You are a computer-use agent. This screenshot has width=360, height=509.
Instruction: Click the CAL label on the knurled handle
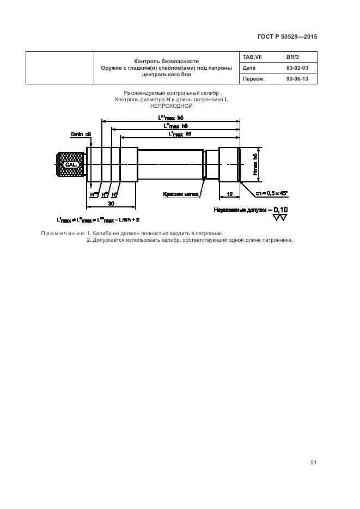pos(71,164)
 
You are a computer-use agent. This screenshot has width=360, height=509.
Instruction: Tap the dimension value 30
pos(111,203)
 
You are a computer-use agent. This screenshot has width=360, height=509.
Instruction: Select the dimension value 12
pos(229,194)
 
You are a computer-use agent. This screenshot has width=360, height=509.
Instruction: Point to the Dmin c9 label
pos(81,133)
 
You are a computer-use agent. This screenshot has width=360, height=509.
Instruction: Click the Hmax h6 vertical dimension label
pos(254,163)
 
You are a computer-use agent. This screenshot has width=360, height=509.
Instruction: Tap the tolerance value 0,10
pos(280,209)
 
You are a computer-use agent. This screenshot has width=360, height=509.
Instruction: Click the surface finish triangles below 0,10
pos(280,218)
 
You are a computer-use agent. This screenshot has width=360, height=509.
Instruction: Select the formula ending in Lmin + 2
pos(98,219)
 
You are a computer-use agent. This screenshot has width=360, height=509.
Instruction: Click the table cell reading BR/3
pos(292,57)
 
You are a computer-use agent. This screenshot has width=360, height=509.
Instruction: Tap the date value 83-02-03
pos(297,68)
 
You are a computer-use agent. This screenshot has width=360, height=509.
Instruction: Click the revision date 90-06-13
pos(297,79)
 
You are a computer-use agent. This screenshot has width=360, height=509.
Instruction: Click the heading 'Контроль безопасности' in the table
pos(166,61)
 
